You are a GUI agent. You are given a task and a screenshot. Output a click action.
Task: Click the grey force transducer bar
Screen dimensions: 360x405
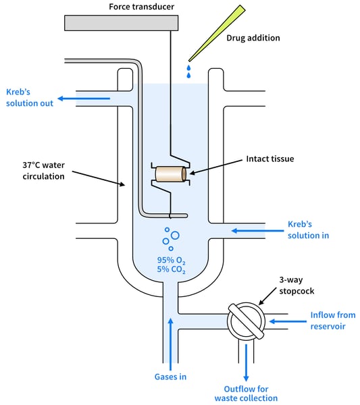[x=121, y=23]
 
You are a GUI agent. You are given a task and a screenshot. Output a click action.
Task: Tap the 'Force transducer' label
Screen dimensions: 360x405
[x=141, y=7]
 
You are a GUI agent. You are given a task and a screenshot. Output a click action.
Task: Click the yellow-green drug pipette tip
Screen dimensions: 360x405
[x=217, y=33]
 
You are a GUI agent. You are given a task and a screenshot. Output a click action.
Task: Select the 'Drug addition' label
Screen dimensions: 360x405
[x=253, y=38]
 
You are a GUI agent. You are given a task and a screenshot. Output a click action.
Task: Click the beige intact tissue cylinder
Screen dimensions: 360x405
[x=171, y=174]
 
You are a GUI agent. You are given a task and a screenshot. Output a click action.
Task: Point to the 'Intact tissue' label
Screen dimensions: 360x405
[x=269, y=159]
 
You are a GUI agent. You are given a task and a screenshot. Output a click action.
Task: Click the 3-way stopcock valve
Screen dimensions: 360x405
[x=246, y=321]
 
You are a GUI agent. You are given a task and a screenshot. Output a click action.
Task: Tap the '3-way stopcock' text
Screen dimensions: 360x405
[x=297, y=286]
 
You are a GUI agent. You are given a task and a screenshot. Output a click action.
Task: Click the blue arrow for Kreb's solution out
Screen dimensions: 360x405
[x=84, y=99]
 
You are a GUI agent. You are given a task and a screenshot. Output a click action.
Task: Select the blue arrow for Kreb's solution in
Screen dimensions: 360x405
[x=257, y=231]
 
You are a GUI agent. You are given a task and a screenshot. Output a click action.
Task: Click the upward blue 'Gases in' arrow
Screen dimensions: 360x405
[x=171, y=344]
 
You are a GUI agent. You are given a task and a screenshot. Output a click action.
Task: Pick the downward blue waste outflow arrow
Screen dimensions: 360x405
[x=246, y=362]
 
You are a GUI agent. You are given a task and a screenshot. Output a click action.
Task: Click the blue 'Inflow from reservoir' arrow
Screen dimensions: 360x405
[x=288, y=321]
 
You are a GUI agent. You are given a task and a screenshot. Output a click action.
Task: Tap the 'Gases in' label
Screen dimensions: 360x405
[x=170, y=377]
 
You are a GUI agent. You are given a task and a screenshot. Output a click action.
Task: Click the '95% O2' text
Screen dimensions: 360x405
[x=171, y=261]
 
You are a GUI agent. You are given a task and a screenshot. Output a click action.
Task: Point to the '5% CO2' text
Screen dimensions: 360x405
[x=171, y=269]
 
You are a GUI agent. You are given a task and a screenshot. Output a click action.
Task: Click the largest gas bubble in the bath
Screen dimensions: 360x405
[x=175, y=236]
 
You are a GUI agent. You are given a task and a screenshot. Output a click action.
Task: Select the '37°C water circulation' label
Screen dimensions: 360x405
[x=43, y=171]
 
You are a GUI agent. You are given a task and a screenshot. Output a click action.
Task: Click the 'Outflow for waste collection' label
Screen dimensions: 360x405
[x=246, y=394]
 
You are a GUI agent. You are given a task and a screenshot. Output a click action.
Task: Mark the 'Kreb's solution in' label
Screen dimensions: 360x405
[x=308, y=230]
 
